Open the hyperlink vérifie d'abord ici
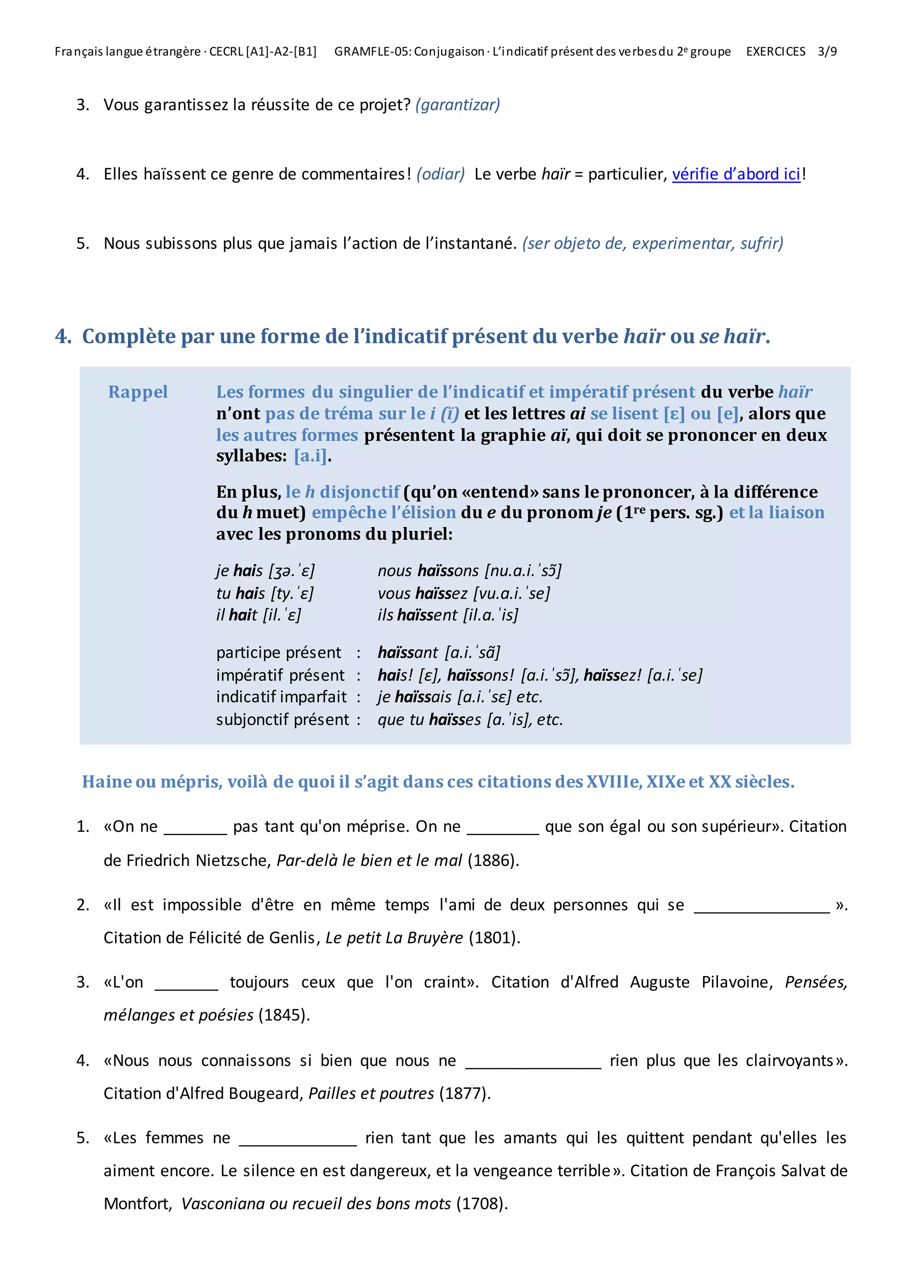(736, 174)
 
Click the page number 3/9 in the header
(827, 52)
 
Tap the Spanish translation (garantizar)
(458, 105)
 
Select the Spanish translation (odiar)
(440, 174)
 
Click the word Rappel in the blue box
(138, 392)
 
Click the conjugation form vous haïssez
(422, 593)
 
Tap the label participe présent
(278, 652)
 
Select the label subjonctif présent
(282, 720)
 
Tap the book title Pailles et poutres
(371, 1094)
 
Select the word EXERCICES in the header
(775, 52)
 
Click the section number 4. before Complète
(63, 336)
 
